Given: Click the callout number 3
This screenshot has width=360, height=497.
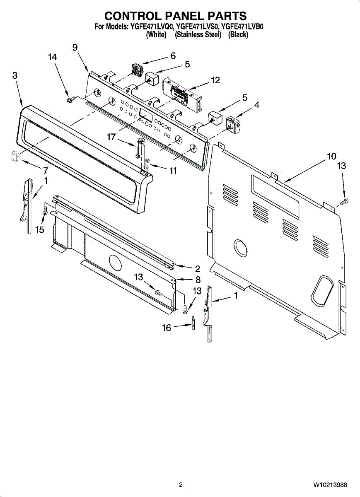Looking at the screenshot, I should click(15, 75).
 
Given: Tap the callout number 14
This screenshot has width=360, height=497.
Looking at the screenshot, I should click(52, 58).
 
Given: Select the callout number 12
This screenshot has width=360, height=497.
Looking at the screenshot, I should click(215, 80).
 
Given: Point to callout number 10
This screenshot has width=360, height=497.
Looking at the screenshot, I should click(331, 156).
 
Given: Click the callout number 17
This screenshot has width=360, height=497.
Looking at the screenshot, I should click(111, 137).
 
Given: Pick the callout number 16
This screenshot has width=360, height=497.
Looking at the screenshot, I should click(166, 328).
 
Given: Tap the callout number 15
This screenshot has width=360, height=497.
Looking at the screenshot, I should click(40, 230).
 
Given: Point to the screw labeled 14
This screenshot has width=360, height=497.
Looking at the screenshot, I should click(70, 99).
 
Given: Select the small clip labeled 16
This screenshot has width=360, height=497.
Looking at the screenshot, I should click(193, 322).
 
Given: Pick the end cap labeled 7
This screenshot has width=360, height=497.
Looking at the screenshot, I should click(15, 157).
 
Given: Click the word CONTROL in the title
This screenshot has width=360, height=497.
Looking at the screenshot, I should click(133, 16).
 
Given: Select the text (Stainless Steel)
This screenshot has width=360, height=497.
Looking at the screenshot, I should click(198, 35).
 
